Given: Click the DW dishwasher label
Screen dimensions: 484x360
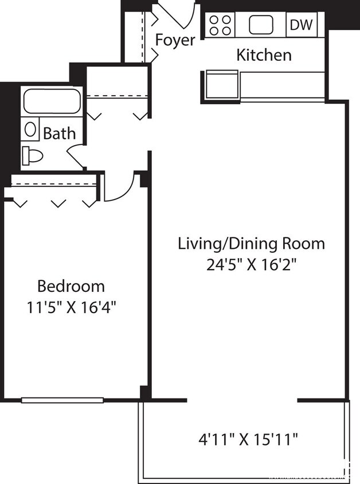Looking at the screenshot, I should tap(301, 25).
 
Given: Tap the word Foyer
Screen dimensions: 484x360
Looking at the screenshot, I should tap(175, 41).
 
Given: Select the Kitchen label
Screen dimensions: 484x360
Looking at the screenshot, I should tap(264, 56).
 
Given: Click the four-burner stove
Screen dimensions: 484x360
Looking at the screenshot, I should tap(220, 25).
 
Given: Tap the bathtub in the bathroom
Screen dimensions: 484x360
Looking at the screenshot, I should tap(52, 101).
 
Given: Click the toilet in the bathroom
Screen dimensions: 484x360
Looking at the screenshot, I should tap(33, 155).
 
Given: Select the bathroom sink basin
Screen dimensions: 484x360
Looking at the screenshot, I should tap(30, 128).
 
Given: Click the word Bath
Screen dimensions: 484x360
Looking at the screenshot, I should tap(60, 134).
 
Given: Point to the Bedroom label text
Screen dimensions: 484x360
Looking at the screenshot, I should tap(71, 286).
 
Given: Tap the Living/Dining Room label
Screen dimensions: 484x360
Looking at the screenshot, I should tap(251, 243).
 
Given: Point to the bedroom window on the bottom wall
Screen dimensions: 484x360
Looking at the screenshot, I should tap(62, 400).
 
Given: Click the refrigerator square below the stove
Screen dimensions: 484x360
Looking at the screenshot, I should tap(221, 84).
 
